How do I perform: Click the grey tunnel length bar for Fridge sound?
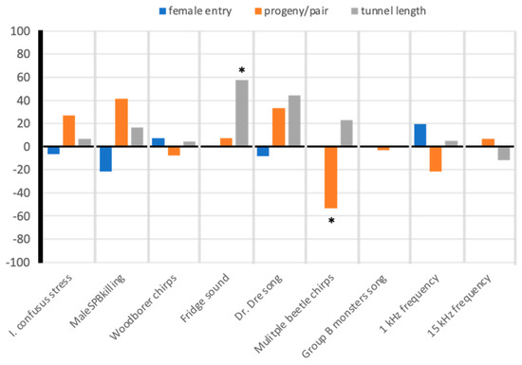coord(242,114)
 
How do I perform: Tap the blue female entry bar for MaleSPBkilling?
coord(105,159)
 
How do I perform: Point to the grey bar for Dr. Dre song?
coord(294,121)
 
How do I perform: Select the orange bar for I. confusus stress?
coord(68,132)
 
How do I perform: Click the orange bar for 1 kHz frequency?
coord(435,159)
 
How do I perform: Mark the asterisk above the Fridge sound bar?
coord(243,71)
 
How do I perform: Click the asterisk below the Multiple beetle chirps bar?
coord(331,222)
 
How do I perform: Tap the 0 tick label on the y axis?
coord(28,147)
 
